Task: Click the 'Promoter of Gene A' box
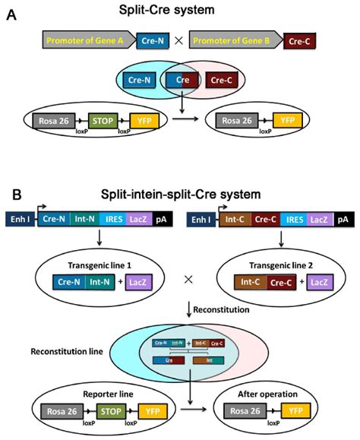(70, 40)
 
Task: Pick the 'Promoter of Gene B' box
(232, 40)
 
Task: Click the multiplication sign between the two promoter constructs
(180, 42)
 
